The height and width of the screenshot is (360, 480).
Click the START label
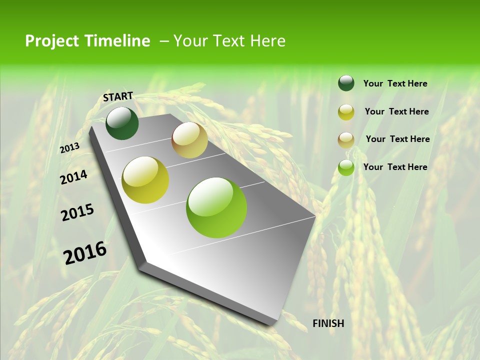(x=118, y=96)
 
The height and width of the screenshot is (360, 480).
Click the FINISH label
(x=328, y=323)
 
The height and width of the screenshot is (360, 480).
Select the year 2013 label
(x=70, y=147)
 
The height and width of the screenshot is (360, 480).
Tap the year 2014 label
(x=73, y=177)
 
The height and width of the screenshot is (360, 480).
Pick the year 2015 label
(x=77, y=212)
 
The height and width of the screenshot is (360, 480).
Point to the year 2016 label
(x=85, y=252)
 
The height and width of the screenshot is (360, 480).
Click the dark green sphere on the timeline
(x=122, y=123)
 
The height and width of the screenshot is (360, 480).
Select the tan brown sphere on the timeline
(x=189, y=140)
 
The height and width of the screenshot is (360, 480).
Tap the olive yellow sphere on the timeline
(x=145, y=180)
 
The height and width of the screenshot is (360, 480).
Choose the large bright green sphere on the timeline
(x=216, y=207)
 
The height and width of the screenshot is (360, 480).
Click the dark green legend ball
(x=346, y=83)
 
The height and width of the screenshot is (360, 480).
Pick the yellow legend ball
(x=346, y=112)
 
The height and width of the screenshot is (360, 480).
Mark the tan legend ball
(x=346, y=140)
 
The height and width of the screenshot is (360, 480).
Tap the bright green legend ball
(x=346, y=167)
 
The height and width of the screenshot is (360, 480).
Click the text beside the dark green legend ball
(x=395, y=83)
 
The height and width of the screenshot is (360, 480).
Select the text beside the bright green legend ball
(x=395, y=167)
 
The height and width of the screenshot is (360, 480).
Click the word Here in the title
(x=267, y=41)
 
